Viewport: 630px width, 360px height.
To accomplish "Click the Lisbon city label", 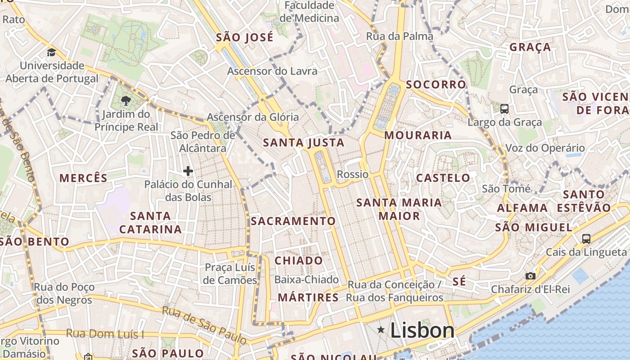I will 422,331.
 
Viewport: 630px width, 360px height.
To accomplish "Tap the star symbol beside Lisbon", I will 381,330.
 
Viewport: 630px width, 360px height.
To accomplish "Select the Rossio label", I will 353,174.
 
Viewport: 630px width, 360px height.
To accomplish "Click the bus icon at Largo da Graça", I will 504,108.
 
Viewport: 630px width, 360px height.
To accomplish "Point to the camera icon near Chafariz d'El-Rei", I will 531,276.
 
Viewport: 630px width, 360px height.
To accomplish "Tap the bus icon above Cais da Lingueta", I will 586,238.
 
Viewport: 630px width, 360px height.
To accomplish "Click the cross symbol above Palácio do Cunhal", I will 188,171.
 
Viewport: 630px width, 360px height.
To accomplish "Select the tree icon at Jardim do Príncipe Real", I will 126,101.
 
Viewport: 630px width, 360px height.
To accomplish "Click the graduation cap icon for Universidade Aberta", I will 51,53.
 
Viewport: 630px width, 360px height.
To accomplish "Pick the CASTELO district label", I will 443,178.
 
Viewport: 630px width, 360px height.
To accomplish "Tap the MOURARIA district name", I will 418,135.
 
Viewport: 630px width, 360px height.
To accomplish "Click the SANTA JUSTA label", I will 303,143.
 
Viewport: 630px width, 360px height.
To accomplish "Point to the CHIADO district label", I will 298,261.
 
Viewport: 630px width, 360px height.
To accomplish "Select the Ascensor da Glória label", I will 252,117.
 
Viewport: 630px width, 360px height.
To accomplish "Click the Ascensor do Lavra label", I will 272,71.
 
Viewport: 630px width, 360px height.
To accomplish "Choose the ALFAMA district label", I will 522,208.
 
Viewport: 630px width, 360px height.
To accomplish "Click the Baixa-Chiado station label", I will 306,279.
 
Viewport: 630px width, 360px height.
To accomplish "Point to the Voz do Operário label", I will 545,148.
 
